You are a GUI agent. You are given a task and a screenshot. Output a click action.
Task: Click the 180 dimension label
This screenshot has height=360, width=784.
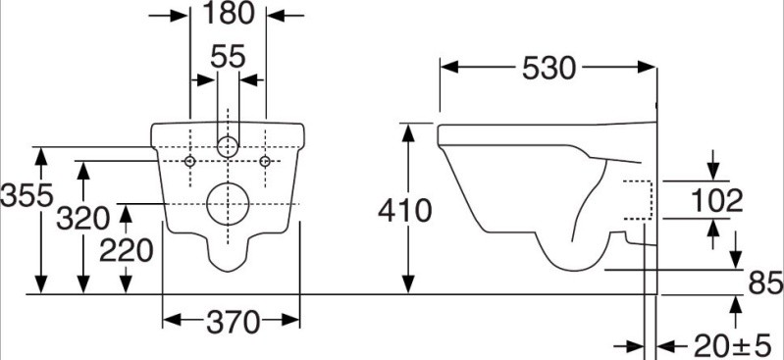(227, 14)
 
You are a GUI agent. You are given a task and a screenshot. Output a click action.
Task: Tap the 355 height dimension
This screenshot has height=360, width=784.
(19, 196)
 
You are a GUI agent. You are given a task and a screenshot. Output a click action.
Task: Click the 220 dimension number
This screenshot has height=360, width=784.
(126, 251)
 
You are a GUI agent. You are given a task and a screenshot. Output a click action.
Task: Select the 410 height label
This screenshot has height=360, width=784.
(404, 210)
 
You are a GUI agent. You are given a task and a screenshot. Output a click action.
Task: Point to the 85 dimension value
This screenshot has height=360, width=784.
(763, 283)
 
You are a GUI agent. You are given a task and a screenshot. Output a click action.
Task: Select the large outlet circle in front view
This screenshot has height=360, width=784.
(228, 203)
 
